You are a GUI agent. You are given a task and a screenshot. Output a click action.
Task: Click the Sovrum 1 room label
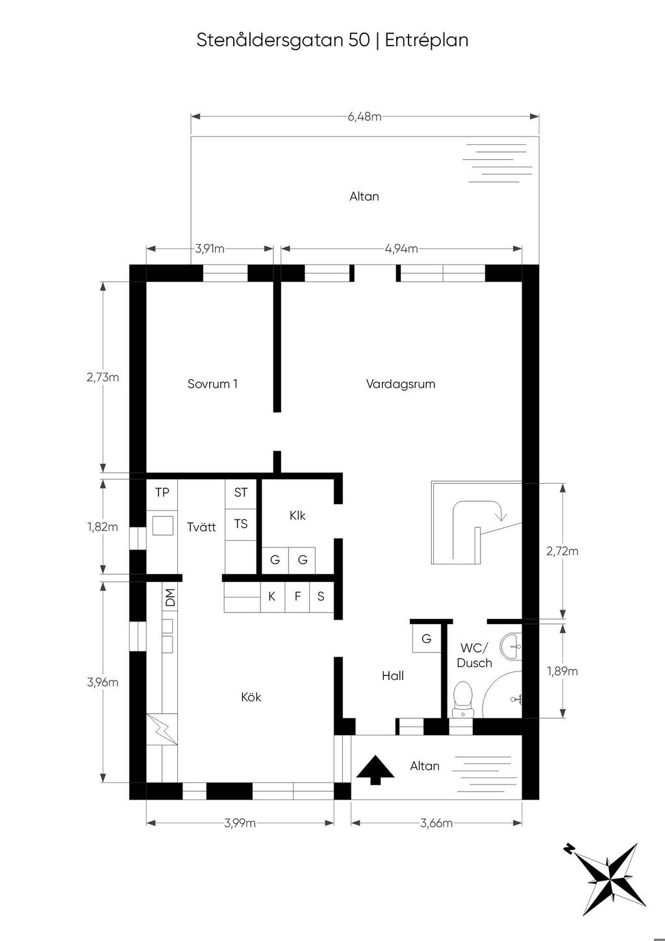(x=212, y=384)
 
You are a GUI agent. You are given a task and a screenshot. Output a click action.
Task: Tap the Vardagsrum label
(x=400, y=384)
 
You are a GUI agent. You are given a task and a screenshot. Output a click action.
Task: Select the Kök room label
(x=251, y=697)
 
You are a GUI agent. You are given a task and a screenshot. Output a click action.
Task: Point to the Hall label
(x=393, y=675)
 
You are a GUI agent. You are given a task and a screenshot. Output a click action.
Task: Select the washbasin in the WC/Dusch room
(x=511, y=647)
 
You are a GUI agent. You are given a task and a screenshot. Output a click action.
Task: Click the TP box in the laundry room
(x=162, y=492)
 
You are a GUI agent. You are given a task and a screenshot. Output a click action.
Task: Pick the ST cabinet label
(x=241, y=492)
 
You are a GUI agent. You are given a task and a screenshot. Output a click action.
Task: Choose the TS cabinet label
(x=241, y=524)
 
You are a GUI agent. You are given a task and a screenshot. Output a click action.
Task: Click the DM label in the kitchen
(x=169, y=597)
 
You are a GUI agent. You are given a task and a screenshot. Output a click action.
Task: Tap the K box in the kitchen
(x=272, y=597)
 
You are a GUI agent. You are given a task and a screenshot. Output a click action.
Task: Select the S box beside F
(x=321, y=597)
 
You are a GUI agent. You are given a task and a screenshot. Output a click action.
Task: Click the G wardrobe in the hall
(x=427, y=638)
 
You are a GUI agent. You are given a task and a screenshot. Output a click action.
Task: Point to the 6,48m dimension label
(x=364, y=117)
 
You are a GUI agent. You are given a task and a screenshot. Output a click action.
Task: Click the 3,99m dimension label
(x=240, y=823)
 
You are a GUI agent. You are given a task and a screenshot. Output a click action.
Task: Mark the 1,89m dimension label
(x=562, y=671)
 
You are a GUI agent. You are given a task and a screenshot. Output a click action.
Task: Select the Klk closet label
(x=297, y=516)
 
